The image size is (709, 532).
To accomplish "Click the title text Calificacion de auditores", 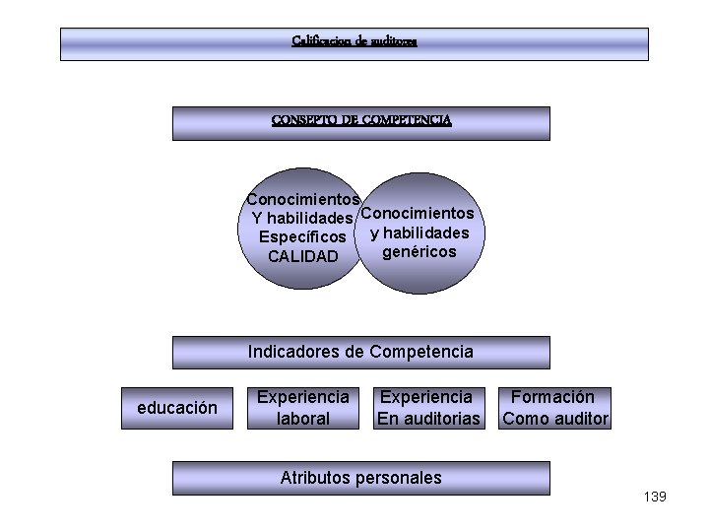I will pyautogui.click(x=354, y=41).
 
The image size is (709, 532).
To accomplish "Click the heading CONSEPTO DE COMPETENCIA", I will pyautogui.click(x=361, y=120).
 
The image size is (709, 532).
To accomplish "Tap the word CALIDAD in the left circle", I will pyautogui.click(x=302, y=256).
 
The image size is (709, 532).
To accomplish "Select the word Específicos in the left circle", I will pyautogui.click(x=301, y=237).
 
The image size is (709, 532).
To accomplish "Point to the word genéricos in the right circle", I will pyautogui.click(x=419, y=252).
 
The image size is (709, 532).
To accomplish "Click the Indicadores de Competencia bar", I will pyautogui.click(x=360, y=352).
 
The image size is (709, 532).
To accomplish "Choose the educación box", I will pyautogui.click(x=177, y=408).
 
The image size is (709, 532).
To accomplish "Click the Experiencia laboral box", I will pyautogui.click(x=303, y=408).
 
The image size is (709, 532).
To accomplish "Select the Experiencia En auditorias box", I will pyautogui.click(x=427, y=408).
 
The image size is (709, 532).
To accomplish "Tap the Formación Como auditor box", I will pyautogui.click(x=555, y=408).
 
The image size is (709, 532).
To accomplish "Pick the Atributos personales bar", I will pyautogui.click(x=360, y=478).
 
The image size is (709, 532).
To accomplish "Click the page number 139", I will pyautogui.click(x=655, y=497).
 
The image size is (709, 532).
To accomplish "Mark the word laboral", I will pyautogui.click(x=303, y=419).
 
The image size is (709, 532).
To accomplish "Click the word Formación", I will pyautogui.click(x=552, y=397).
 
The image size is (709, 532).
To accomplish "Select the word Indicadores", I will pyautogui.click(x=290, y=352).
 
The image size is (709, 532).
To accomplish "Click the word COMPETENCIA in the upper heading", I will pyautogui.click(x=407, y=120).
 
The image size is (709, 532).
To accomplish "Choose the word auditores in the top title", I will pyautogui.click(x=394, y=41).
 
